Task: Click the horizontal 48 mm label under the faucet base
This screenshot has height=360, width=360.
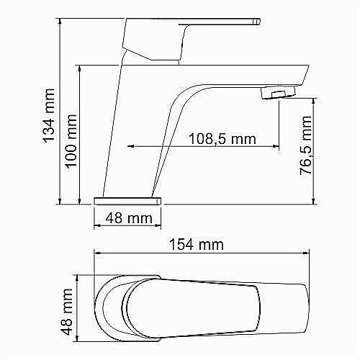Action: [128, 216]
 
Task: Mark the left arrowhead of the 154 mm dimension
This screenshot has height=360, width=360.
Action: [96, 253]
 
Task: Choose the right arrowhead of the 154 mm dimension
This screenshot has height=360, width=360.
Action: [310, 253]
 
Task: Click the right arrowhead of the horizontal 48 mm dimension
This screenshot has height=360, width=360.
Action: [163, 225]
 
